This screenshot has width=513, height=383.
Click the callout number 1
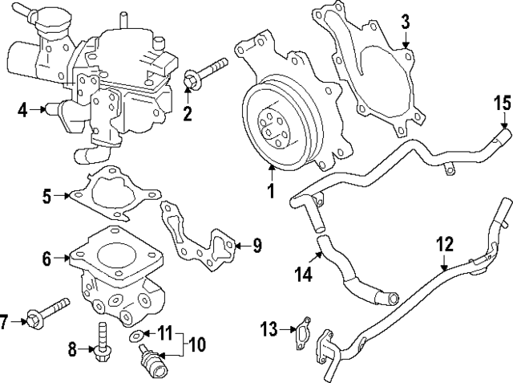pos(270,191)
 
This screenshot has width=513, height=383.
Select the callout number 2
pos(188,113)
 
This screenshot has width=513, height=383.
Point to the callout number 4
pos(23,109)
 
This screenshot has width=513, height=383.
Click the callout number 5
pos(46,195)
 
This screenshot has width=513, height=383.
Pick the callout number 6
pos(46,259)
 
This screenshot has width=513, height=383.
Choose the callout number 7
pos(4,322)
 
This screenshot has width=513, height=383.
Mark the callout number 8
pos(71,349)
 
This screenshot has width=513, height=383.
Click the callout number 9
pos(256,245)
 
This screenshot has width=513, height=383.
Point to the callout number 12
pos(444,242)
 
